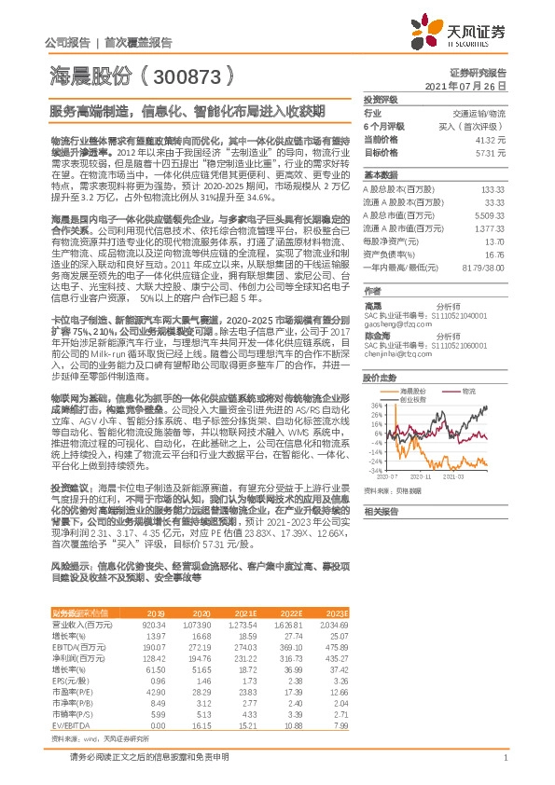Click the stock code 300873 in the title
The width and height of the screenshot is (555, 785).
pyautogui.click(x=186, y=74)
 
